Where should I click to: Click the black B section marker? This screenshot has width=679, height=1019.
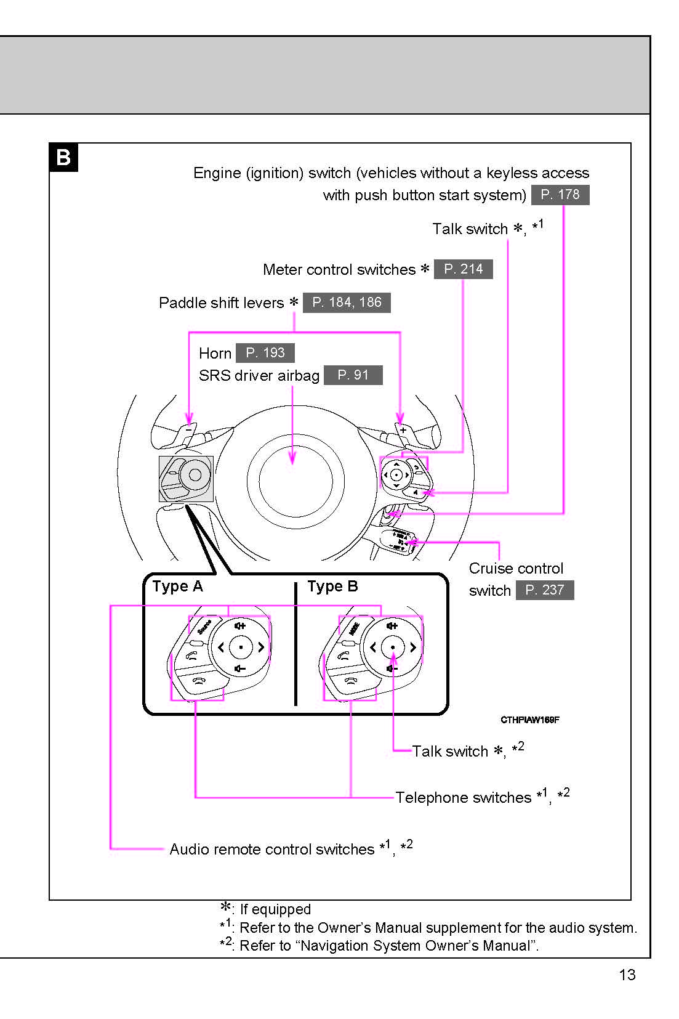click(x=63, y=157)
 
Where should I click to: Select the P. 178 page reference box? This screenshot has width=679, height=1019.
click(x=560, y=195)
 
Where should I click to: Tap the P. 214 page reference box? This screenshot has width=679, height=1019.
click(x=463, y=269)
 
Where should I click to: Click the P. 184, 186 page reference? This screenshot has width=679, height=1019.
click(x=347, y=302)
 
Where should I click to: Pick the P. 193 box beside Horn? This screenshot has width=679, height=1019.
click(x=265, y=353)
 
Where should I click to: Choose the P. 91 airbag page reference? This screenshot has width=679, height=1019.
click(x=353, y=375)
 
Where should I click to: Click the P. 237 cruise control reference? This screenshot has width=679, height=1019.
click(x=544, y=590)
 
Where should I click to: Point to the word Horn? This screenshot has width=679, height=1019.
click(x=215, y=354)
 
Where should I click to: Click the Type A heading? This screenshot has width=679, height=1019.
click(x=177, y=587)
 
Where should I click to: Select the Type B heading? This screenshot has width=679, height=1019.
click(x=332, y=587)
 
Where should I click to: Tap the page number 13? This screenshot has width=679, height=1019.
click(x=627, y=975)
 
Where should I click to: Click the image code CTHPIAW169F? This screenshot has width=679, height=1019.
click(x=529, y=720)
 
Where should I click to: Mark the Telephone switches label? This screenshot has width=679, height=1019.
click(x=463, y=798)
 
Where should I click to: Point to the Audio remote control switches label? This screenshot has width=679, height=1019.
click(x=271, y=850)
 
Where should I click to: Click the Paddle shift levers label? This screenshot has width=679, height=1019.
click(x=221, y=303)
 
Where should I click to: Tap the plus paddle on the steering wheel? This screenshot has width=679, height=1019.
click(x=404, y=429)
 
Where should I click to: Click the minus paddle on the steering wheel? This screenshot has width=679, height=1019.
click(x=188, y=429)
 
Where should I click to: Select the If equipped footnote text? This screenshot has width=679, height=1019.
click(x=275, y=909)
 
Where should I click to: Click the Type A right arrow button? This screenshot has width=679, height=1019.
click(x=261, y=647)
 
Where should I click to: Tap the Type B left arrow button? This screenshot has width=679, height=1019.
click(x=372, y=647)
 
